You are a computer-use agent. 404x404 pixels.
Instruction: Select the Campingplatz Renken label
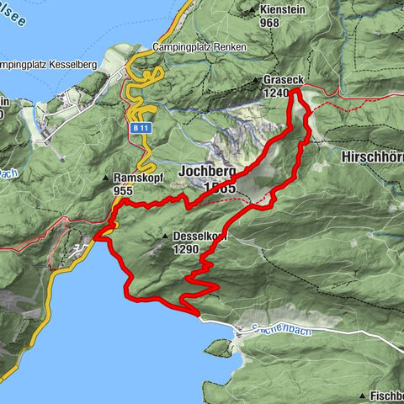pos(199,48)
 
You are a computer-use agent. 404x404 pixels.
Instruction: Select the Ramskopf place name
pos(139,178)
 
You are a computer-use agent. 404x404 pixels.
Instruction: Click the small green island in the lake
pos(217,346)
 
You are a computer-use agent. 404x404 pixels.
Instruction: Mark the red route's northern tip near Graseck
pos(295,88)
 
